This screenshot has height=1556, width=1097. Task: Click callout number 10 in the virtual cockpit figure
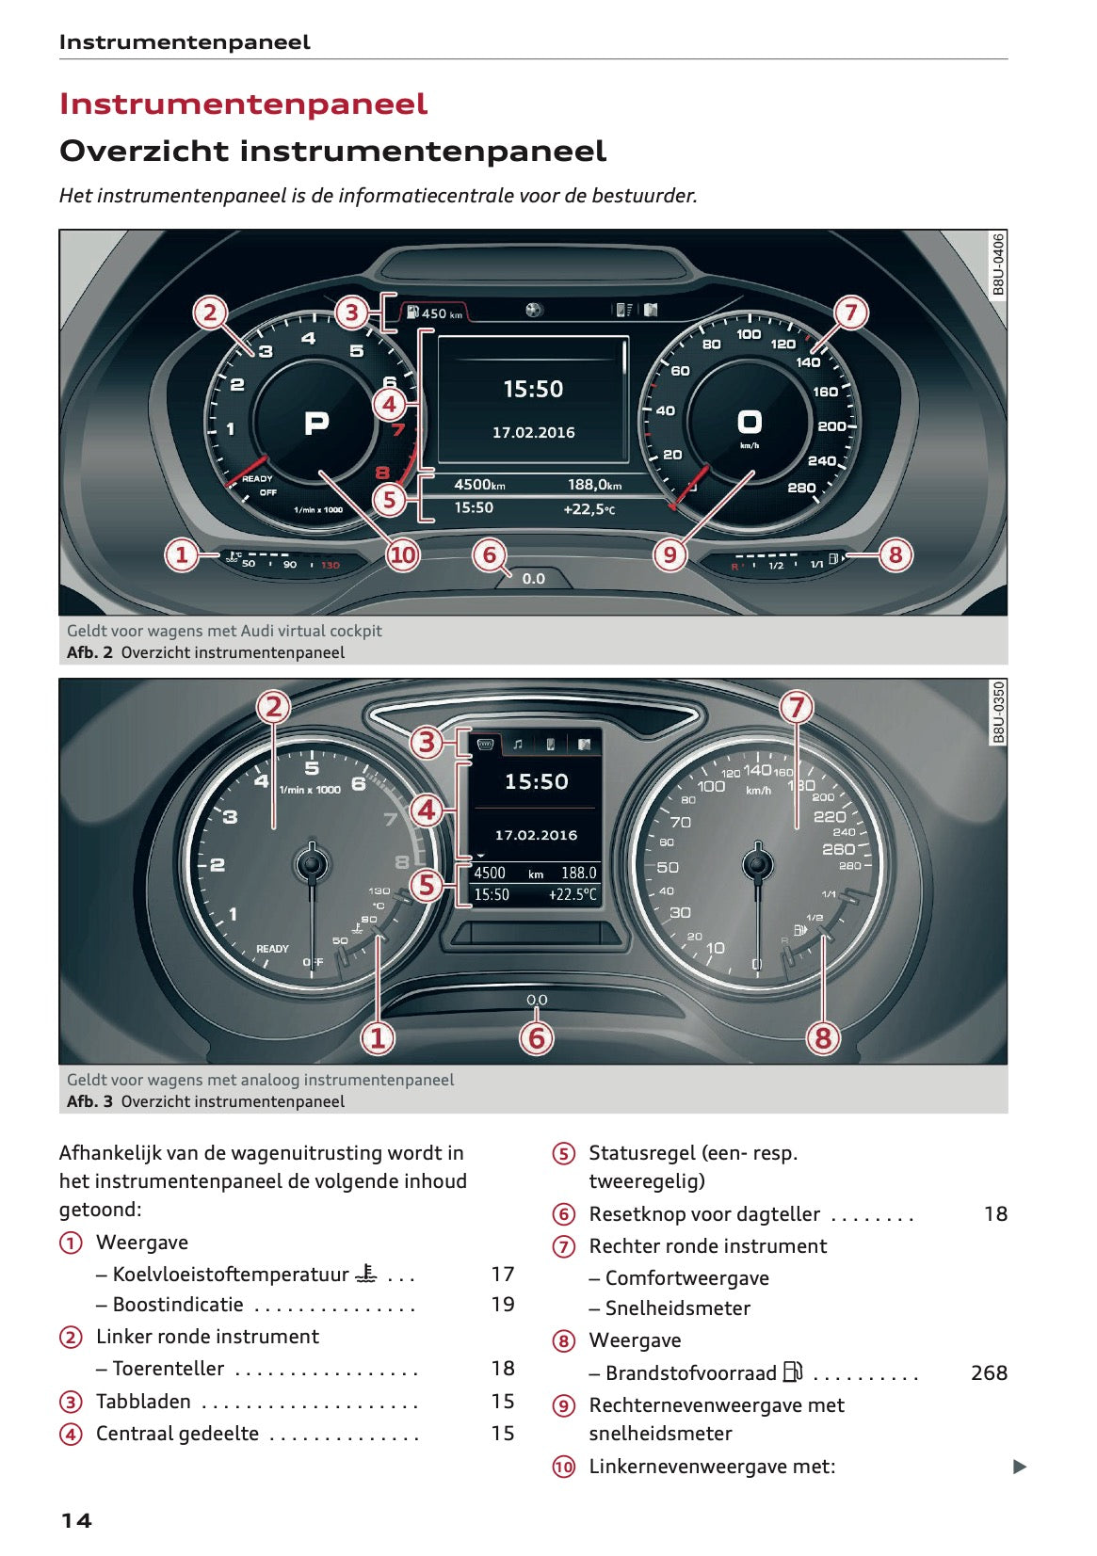click(402, 554)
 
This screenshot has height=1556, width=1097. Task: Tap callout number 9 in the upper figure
click(669, 554)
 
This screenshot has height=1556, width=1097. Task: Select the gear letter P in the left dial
click(316, 424)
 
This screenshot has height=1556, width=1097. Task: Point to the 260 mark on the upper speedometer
click(801, 488)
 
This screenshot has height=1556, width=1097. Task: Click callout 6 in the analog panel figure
click(537, 1038)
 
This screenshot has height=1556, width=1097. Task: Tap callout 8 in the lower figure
click(823, 1038)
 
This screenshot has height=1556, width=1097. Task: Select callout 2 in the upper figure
click(210, 313)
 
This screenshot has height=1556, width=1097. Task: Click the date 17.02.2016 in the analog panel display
click(536, 835)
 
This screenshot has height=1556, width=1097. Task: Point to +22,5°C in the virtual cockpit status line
click(589, 508)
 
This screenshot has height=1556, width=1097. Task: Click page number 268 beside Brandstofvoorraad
click(989, 1373)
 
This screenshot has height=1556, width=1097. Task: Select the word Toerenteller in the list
click(168, 1369)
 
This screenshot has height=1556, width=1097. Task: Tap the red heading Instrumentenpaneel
click(243, 104)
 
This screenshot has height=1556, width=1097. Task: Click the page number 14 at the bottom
click(76, 1520)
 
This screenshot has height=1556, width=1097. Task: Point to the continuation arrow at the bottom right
click(1019, 1467)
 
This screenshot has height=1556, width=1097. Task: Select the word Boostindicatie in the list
click(177, 1305)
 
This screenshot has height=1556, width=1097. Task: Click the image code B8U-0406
click(998, 265)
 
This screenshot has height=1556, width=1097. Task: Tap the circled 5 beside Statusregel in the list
click(563, 1154)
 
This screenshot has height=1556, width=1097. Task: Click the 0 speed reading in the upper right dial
click(749, 422)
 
